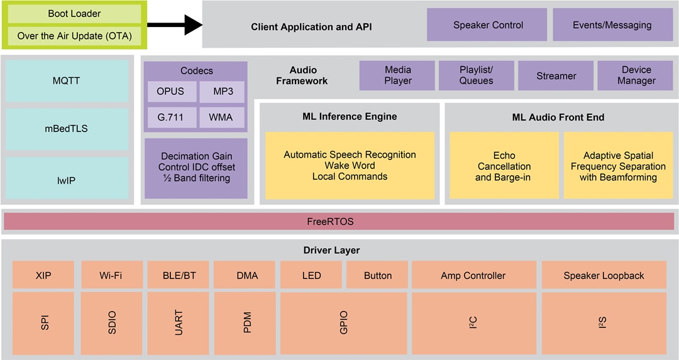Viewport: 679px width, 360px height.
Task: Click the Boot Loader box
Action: pos(74,14)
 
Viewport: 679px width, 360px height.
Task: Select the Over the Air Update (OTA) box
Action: pos(74,36)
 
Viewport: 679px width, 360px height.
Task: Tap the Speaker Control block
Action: pos(488,25)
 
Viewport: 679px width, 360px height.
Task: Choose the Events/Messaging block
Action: pos(612,25)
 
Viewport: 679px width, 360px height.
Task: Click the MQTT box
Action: pos(67,81)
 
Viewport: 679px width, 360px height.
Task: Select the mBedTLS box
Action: pos(67,129)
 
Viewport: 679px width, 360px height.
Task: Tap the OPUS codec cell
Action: pos(171,92)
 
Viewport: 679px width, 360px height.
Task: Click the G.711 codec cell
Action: pos(171,117)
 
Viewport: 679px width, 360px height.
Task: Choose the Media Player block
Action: pos(397,75)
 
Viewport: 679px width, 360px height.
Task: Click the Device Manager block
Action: pos(636,75)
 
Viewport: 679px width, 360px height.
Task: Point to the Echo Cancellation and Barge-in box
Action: pos(504,166)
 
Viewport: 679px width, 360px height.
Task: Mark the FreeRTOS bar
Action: pos(339,221)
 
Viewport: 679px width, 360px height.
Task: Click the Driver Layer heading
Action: pos(331,250)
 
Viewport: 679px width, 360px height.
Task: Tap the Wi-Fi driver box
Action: pos(111,275)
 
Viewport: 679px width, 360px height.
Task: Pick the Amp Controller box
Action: pos(473,275)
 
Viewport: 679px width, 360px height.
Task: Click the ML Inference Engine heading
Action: pos(350,116)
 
